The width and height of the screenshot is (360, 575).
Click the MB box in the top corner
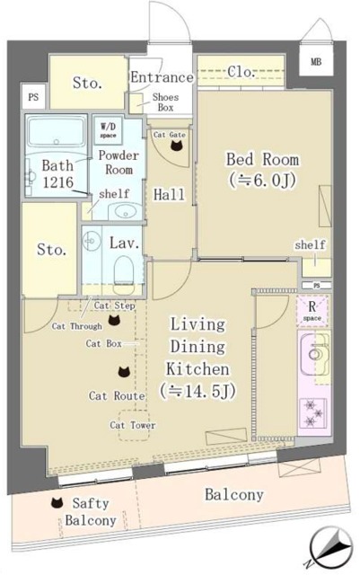(x=315, y=62)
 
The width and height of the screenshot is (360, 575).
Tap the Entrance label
(x=161, y=78)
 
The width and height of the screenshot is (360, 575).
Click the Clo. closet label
(x=240, y=71)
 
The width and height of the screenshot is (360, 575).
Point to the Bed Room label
(x=262, y=160)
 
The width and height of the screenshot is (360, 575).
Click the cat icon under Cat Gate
(x=171, y=150)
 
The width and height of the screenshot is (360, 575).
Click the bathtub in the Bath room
(x=55, y=137)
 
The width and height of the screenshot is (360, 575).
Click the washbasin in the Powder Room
(x=125, y=212)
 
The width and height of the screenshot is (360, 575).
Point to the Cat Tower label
(x=132, y=425)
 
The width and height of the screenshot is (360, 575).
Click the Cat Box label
(x=104, y=343)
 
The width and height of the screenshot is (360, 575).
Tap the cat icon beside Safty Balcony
(x=57, y=504)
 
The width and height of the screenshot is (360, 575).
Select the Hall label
(x=169, y=194)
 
